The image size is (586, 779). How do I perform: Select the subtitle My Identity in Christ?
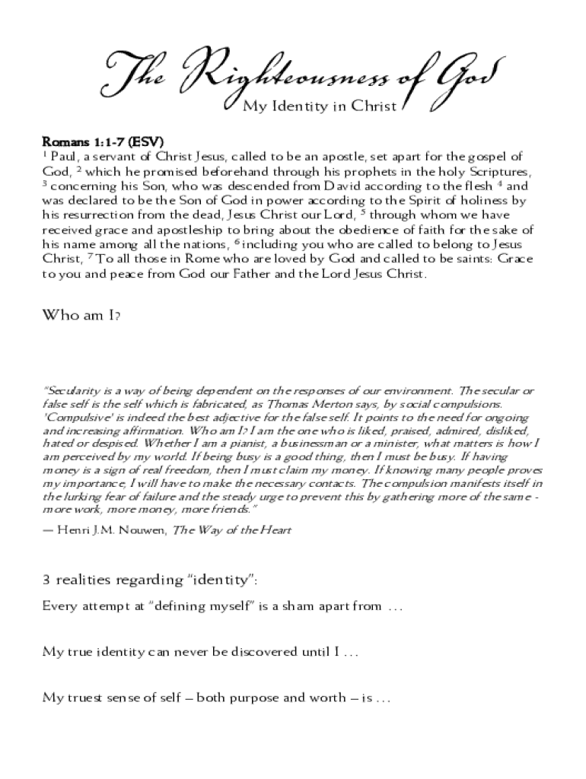(320, 107)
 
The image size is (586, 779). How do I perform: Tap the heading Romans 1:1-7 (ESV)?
(103, 142)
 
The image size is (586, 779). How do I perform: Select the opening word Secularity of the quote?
(70, 390)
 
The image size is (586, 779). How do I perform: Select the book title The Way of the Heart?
(232, 529)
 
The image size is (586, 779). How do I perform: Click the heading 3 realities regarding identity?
(150, 581)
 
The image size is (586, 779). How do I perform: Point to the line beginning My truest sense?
(216, 697)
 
